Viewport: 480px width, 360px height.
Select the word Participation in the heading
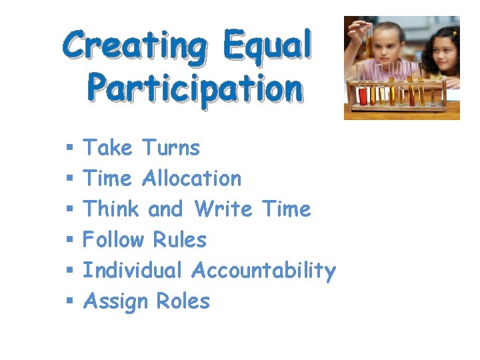[195, 88]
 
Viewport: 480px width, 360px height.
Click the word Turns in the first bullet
[171, 147]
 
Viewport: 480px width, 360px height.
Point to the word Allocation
[192, 178]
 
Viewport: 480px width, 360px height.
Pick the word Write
[223, 209]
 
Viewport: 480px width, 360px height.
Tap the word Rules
[180, 239]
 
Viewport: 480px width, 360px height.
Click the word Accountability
[263, 271]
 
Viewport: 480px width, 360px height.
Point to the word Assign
[115, 302]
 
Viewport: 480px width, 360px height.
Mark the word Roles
[183, 301]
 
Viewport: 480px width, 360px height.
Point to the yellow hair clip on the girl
[454, 32]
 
